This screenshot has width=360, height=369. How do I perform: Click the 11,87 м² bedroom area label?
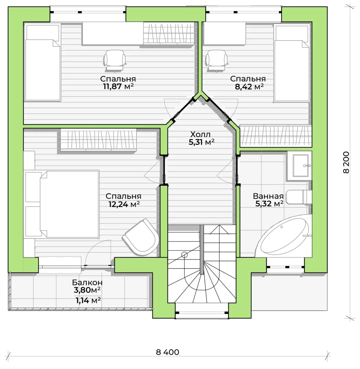(x=119, y=86)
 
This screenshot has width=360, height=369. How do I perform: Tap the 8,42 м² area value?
(x=249, y=86)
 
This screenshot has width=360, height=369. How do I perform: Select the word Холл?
(x=200, y=134)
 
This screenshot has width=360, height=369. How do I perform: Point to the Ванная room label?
(x=268, y=196)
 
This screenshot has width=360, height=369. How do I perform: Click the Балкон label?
(x=87, y=282)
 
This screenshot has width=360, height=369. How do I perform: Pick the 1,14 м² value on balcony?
(x=88, y=300)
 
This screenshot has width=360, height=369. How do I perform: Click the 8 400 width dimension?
(x=167, y=352)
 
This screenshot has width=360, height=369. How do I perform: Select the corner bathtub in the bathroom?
(x=283, y=236)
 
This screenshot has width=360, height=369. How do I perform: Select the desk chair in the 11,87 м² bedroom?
(x=114, y=60)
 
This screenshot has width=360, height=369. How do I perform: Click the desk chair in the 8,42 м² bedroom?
(x=216, y=60)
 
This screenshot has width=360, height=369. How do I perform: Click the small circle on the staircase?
(x=184, y=255)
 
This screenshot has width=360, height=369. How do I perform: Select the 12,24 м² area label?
(x=124, y=204)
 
